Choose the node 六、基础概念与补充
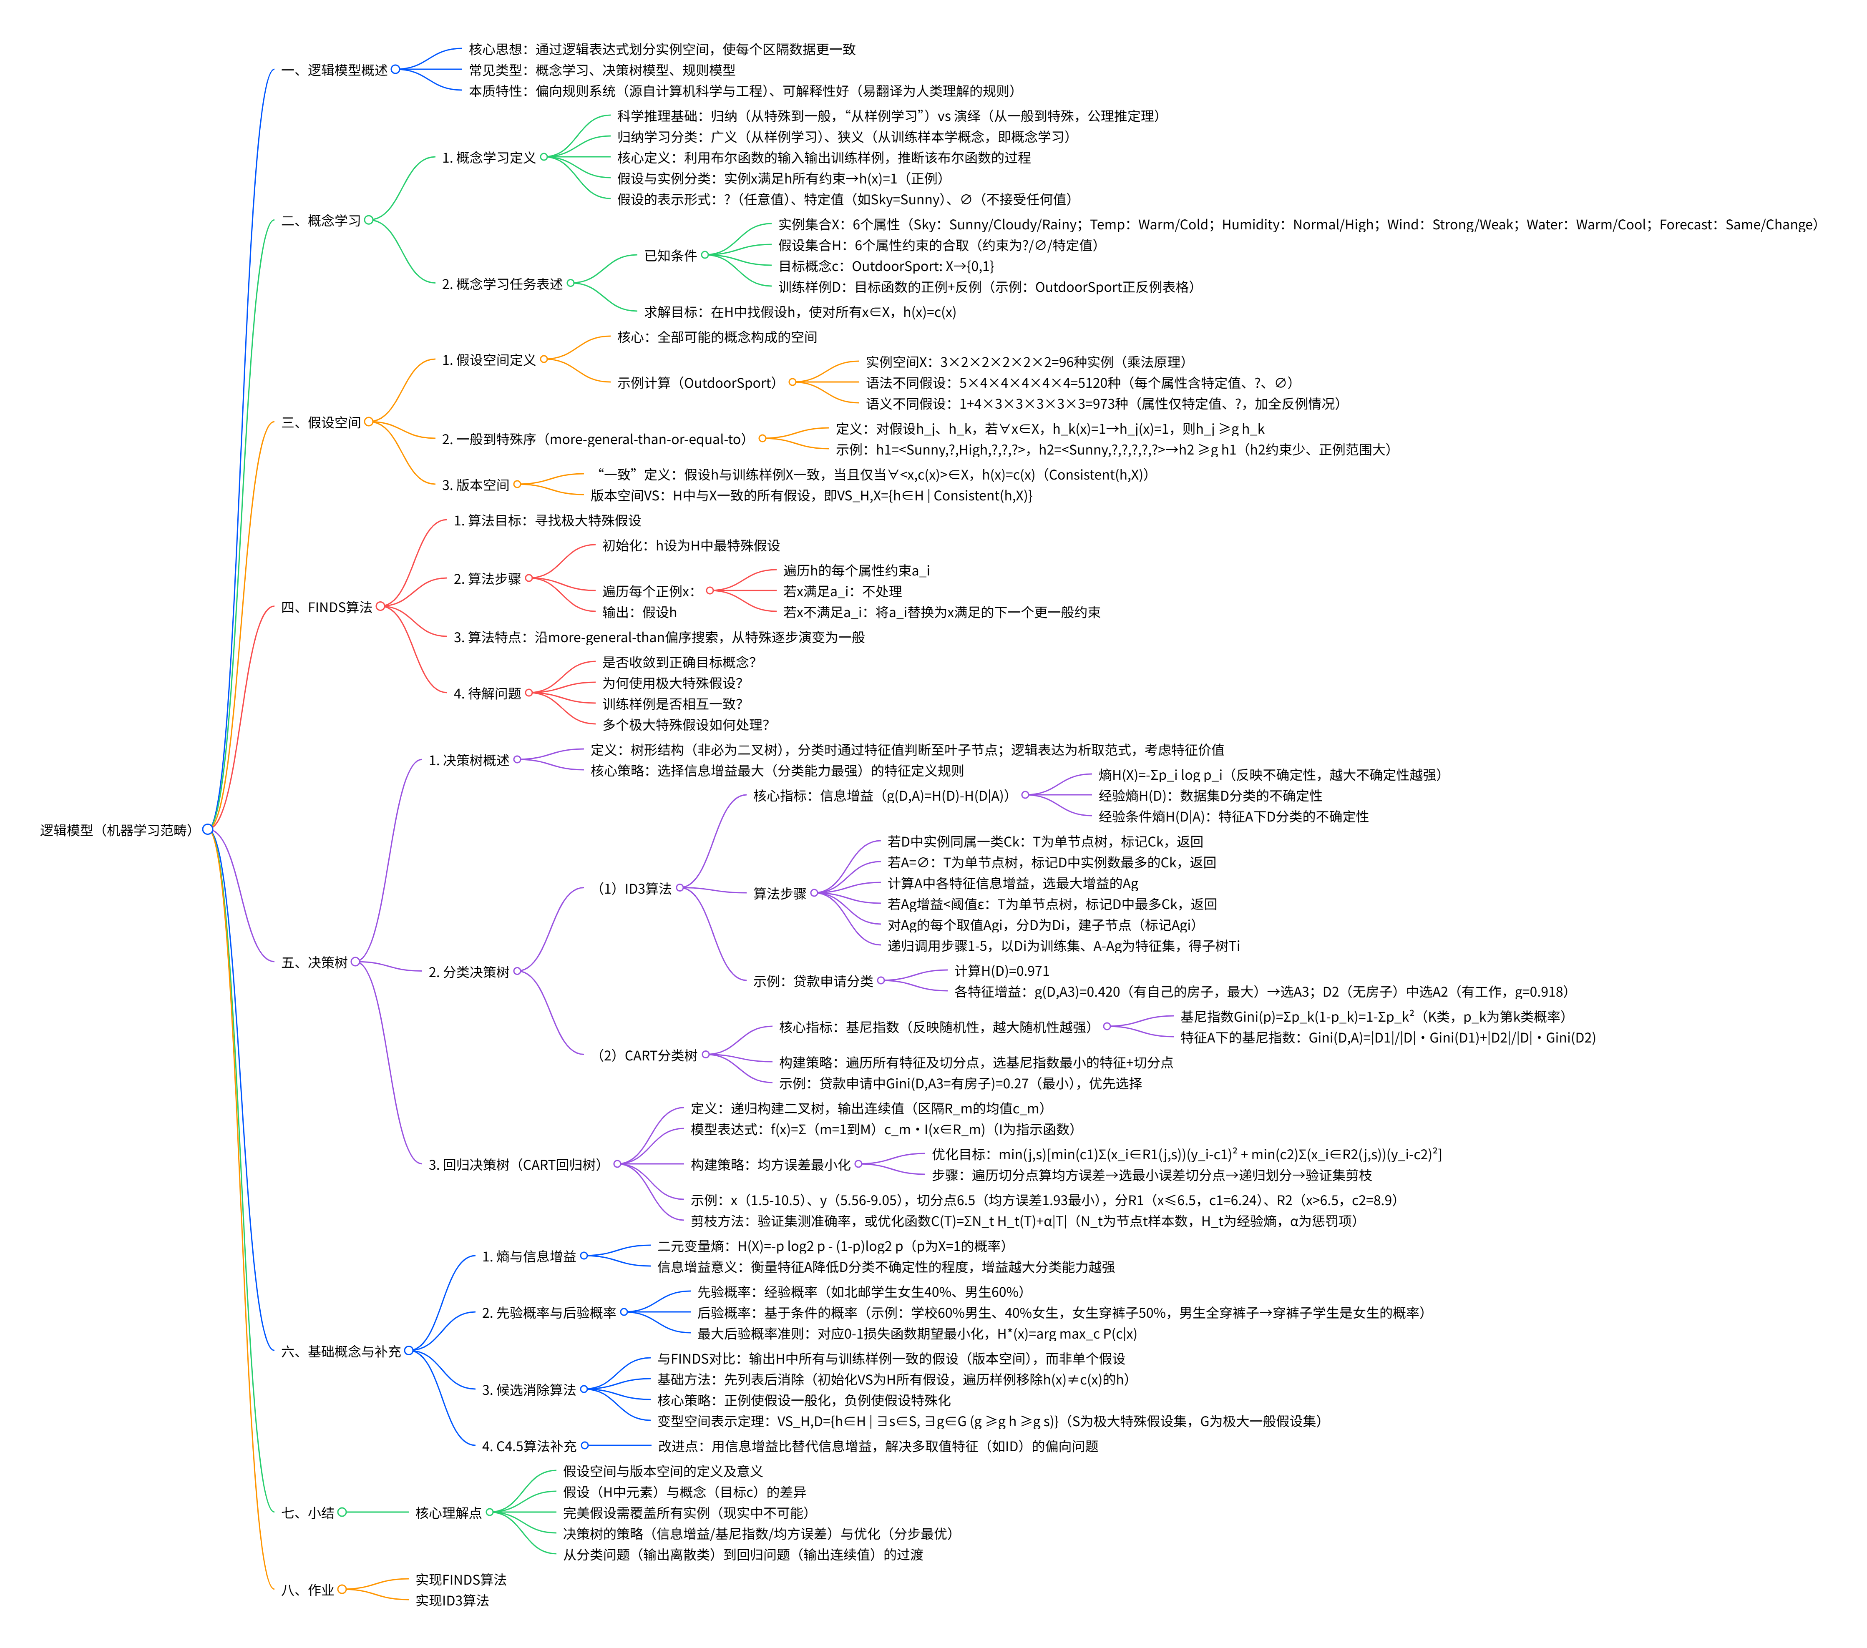tap(341, 1351)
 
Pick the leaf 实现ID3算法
tap(452, 1600)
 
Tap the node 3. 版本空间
tap(475, 485)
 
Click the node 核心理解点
tap(448, 1513)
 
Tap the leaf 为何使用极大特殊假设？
tap(672, 683)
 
